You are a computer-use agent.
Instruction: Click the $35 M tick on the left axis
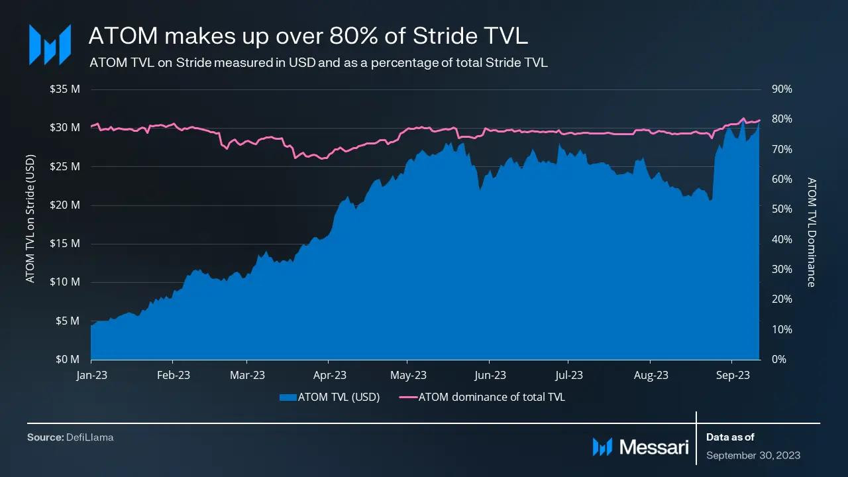(65, 89)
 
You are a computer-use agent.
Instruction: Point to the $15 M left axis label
(65, 243)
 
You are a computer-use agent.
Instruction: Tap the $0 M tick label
(68, 359)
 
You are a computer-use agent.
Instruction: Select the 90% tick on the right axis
(782, 89)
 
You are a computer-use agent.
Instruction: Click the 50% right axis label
(782, 209)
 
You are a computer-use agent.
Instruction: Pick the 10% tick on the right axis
(782, 329)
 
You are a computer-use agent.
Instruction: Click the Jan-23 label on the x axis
(91, 375)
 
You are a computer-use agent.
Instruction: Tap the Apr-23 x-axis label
(329, 375)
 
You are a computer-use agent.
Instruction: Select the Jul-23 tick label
(569, 375)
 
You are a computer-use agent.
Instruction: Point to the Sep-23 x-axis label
(733, 375)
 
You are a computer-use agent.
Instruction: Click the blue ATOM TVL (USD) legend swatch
(288, 397)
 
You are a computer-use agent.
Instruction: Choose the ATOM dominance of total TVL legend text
(492, 397)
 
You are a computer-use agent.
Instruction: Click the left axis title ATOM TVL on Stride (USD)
(30, 219)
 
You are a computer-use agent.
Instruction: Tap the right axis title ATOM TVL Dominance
(811, 232)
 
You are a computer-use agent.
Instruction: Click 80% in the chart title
(354, 36)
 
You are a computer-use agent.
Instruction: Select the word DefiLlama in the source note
(89, 437)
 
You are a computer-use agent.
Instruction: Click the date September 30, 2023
(753, 455)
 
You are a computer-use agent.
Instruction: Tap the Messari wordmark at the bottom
(654, 447)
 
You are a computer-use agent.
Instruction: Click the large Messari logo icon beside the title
(50, 44)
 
